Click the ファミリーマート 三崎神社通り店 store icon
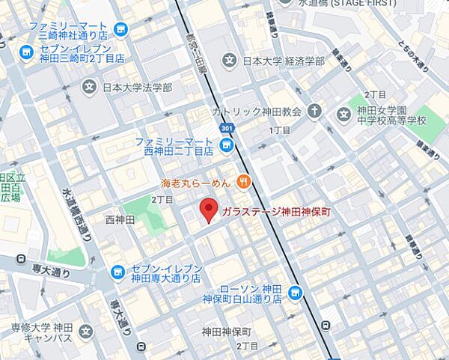tap(121, 30)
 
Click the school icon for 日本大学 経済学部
tap(229, 61)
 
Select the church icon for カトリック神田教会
tap(315, 112)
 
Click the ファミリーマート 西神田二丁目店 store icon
tap(227, 144)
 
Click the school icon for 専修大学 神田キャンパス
tap(87, 330)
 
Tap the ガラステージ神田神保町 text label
tap(276, 213)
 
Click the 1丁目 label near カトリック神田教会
tap(279, 130)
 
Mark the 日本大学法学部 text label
tap(138, 88)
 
